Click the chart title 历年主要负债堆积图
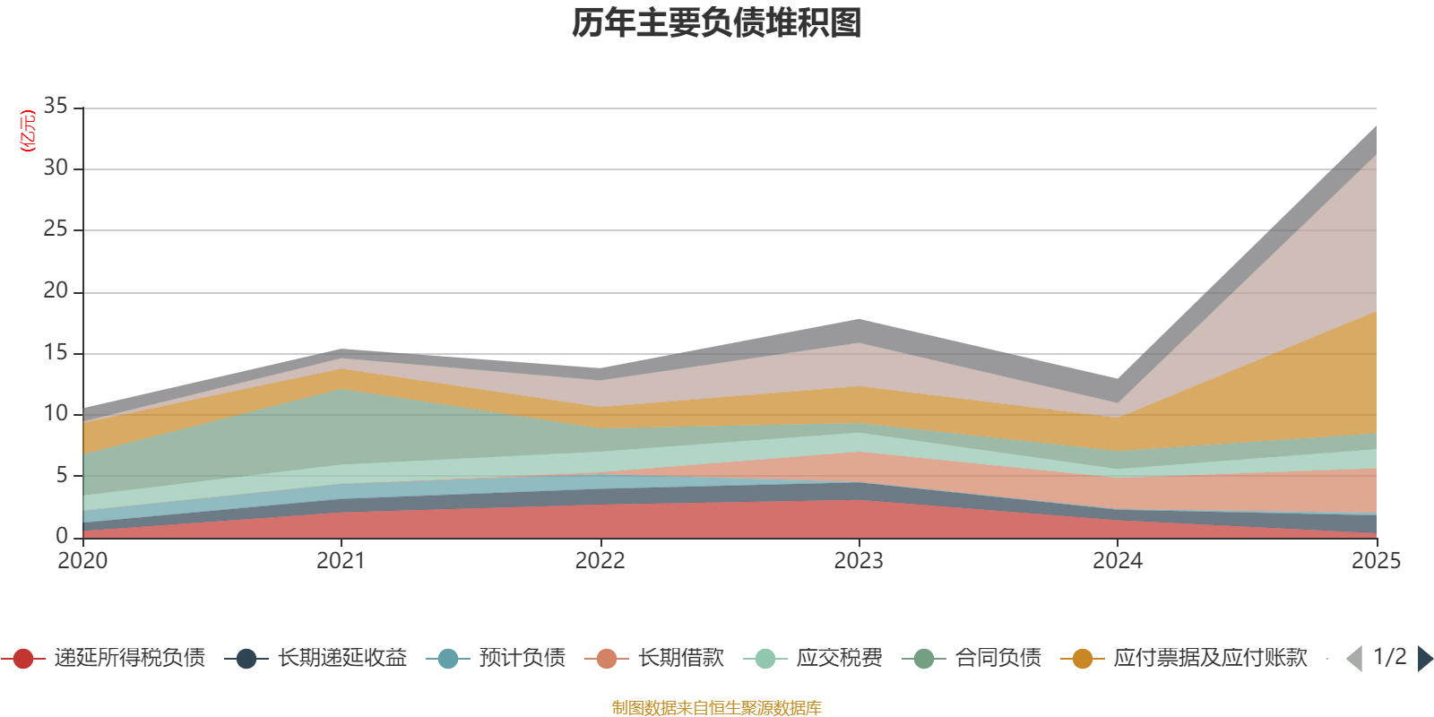point(717,23)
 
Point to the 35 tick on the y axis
point(56,107)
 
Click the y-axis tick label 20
point(56,291)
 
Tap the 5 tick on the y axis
point(62,475)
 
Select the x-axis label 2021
point(341,561)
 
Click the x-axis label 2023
point(859,561)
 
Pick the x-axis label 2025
point(1375,561)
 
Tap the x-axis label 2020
point(82,561)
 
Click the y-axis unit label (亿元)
point(28,131)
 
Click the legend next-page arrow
point(1424,659)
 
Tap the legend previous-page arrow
point(1354,659)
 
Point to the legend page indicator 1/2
point(1389,657)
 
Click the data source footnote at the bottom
point(717,708)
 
